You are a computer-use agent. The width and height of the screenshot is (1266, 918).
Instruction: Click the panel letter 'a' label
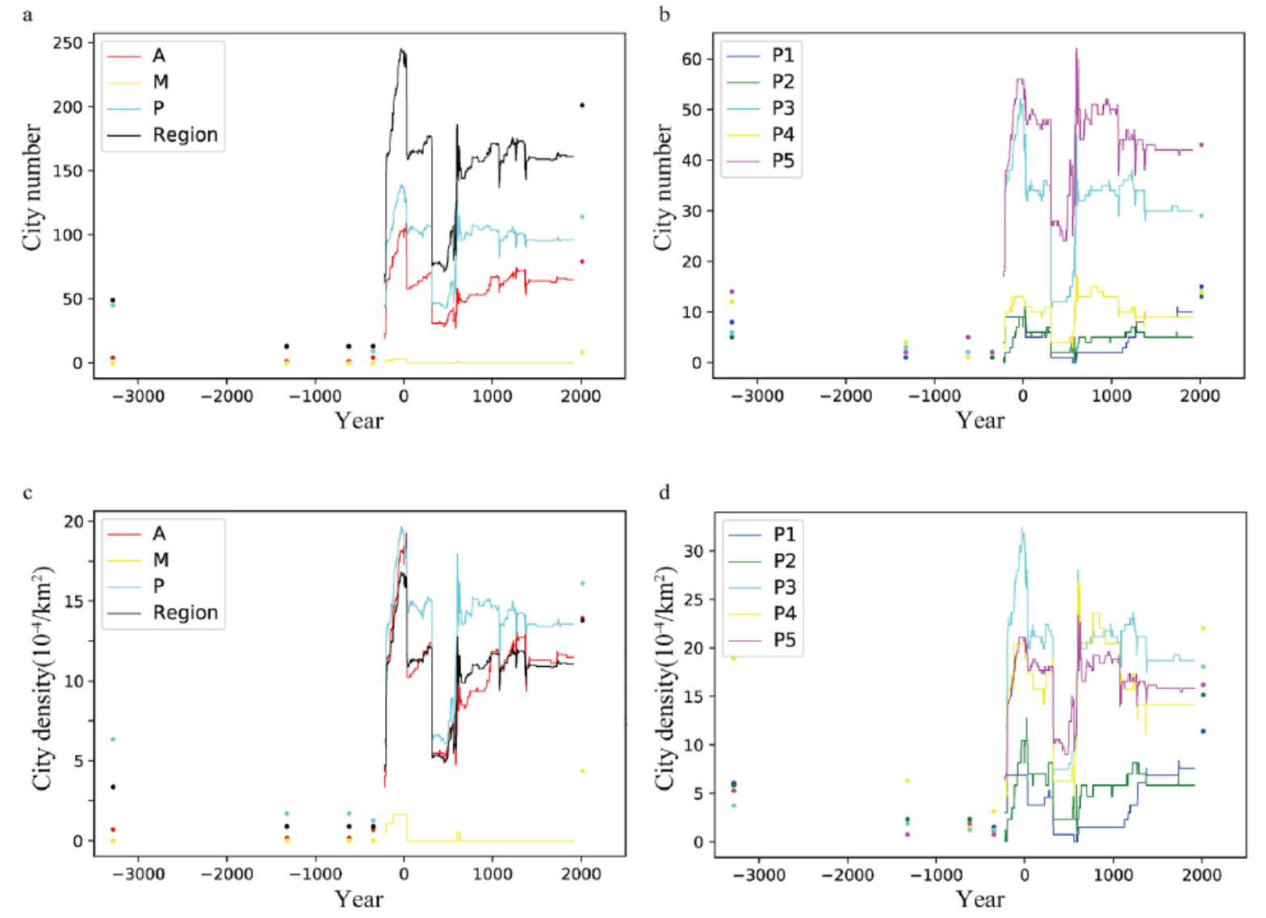(27, 15)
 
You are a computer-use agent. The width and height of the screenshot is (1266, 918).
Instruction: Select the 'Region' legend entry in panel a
(185, 135)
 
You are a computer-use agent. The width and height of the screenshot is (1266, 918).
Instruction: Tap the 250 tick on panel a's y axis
(68, 43)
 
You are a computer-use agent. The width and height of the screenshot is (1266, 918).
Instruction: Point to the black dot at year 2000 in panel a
(582, 105)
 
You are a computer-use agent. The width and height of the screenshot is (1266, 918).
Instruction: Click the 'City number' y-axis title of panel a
(31, 187)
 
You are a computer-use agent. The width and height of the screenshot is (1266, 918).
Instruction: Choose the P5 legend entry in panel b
(782, 161)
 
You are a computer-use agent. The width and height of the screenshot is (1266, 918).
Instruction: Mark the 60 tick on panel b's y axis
(692, 59)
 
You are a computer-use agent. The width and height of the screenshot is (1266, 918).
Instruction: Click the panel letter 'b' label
(664, 15)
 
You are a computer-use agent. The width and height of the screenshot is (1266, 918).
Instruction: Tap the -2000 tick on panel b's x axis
(847, 396)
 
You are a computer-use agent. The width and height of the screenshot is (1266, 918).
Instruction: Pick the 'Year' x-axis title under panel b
(979, 420)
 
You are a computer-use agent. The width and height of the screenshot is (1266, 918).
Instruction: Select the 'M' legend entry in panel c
(161, 560)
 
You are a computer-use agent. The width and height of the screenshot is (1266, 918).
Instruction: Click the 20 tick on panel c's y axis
(73, 522)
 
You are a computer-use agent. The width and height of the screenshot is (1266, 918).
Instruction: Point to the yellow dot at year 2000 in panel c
(582, 771)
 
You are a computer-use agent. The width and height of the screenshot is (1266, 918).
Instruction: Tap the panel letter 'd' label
(664, 492)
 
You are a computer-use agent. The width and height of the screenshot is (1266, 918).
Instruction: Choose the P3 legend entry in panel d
(784, 587)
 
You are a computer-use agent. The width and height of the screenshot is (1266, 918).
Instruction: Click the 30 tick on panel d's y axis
(694, 551)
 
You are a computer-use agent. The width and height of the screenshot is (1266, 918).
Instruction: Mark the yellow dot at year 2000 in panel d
(1203, 628)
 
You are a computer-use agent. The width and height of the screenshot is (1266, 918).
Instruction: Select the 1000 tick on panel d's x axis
(1113, 874)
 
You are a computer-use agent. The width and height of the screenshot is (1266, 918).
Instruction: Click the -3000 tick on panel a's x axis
(138, 396)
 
